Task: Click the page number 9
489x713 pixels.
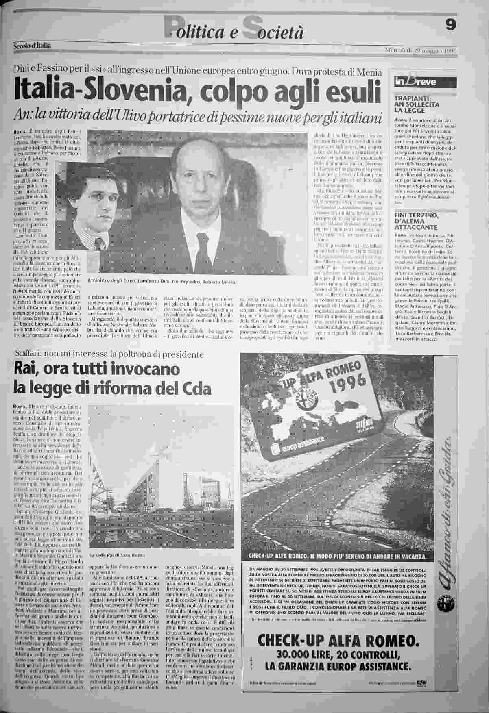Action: [450, 25]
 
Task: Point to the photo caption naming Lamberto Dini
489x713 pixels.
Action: [161, 282]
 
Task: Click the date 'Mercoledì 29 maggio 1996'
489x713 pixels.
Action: [421, 51]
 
